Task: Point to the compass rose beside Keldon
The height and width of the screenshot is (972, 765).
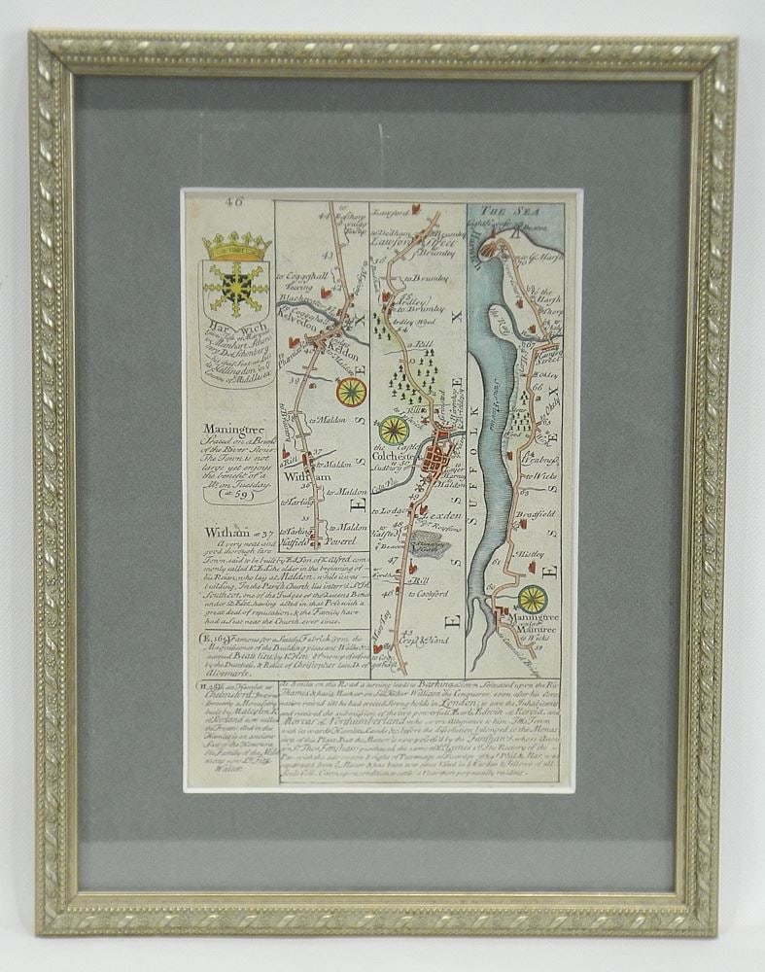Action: click(x=351, y=392)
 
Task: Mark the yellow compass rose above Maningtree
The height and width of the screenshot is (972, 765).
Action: click(x=533, y=599)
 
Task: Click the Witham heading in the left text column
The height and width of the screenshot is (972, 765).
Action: click(x=219, y=531)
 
